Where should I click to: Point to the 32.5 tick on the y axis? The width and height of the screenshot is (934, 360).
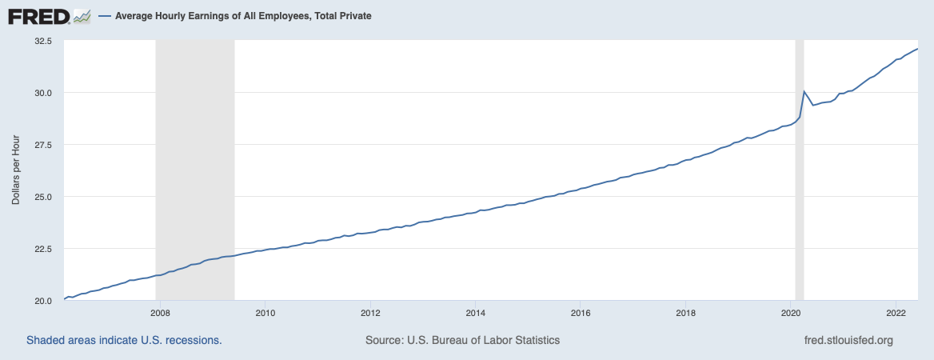pyautogui.click(x=42, y=40)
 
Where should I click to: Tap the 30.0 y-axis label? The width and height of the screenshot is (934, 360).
pyautogui.click(x=42, y=92)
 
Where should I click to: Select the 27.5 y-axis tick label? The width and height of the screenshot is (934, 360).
pyautogui.click(x=42, y=144)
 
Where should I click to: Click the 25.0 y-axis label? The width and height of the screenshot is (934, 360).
pyautogui.click(x=42, y=196)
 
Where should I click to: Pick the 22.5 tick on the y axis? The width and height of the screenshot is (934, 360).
pyautogui.click(x=42, y=248)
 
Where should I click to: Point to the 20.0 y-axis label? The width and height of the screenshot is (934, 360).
pyautogui.click(x=42, y=300)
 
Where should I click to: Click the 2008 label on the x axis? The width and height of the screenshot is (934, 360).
pyautogui.click(x=160, y=312)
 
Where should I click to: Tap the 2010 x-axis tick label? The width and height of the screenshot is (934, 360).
pyautogui.click(x=265, y=312)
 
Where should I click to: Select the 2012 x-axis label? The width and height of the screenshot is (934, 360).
pyautogui.click(x=370, y=312)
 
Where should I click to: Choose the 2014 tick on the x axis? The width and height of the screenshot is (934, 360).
pyautogui.click(x=475, y=312)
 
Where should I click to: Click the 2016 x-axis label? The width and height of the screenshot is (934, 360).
pyautogui.click(x=581, y=312)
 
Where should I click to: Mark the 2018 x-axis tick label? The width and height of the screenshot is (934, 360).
pyautogui.click(x=685, y=312)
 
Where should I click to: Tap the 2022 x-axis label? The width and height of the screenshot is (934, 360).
pyautogui.click(x=896, y=312)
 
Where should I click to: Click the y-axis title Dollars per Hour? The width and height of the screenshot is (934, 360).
pyautogui.click(x=16, y=170)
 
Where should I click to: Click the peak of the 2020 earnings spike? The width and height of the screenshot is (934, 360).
pyautogui.click(x=804, y=91)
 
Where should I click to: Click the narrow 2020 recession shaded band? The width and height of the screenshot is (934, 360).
pyautogui.click(x=799, y=200)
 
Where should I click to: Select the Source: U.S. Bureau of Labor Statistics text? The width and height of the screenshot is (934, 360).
pyautogui.click(x=462, y=340)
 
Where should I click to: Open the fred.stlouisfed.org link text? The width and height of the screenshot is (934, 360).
pyautogui.click(x=848, y=340)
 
